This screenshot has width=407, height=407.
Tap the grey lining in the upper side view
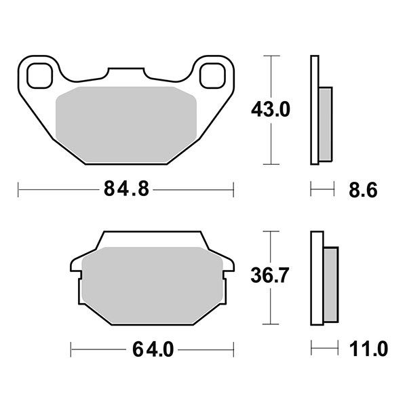[326, 123]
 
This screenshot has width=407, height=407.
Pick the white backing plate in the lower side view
[315, 279]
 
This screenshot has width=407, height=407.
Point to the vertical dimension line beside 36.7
[271, 305]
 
